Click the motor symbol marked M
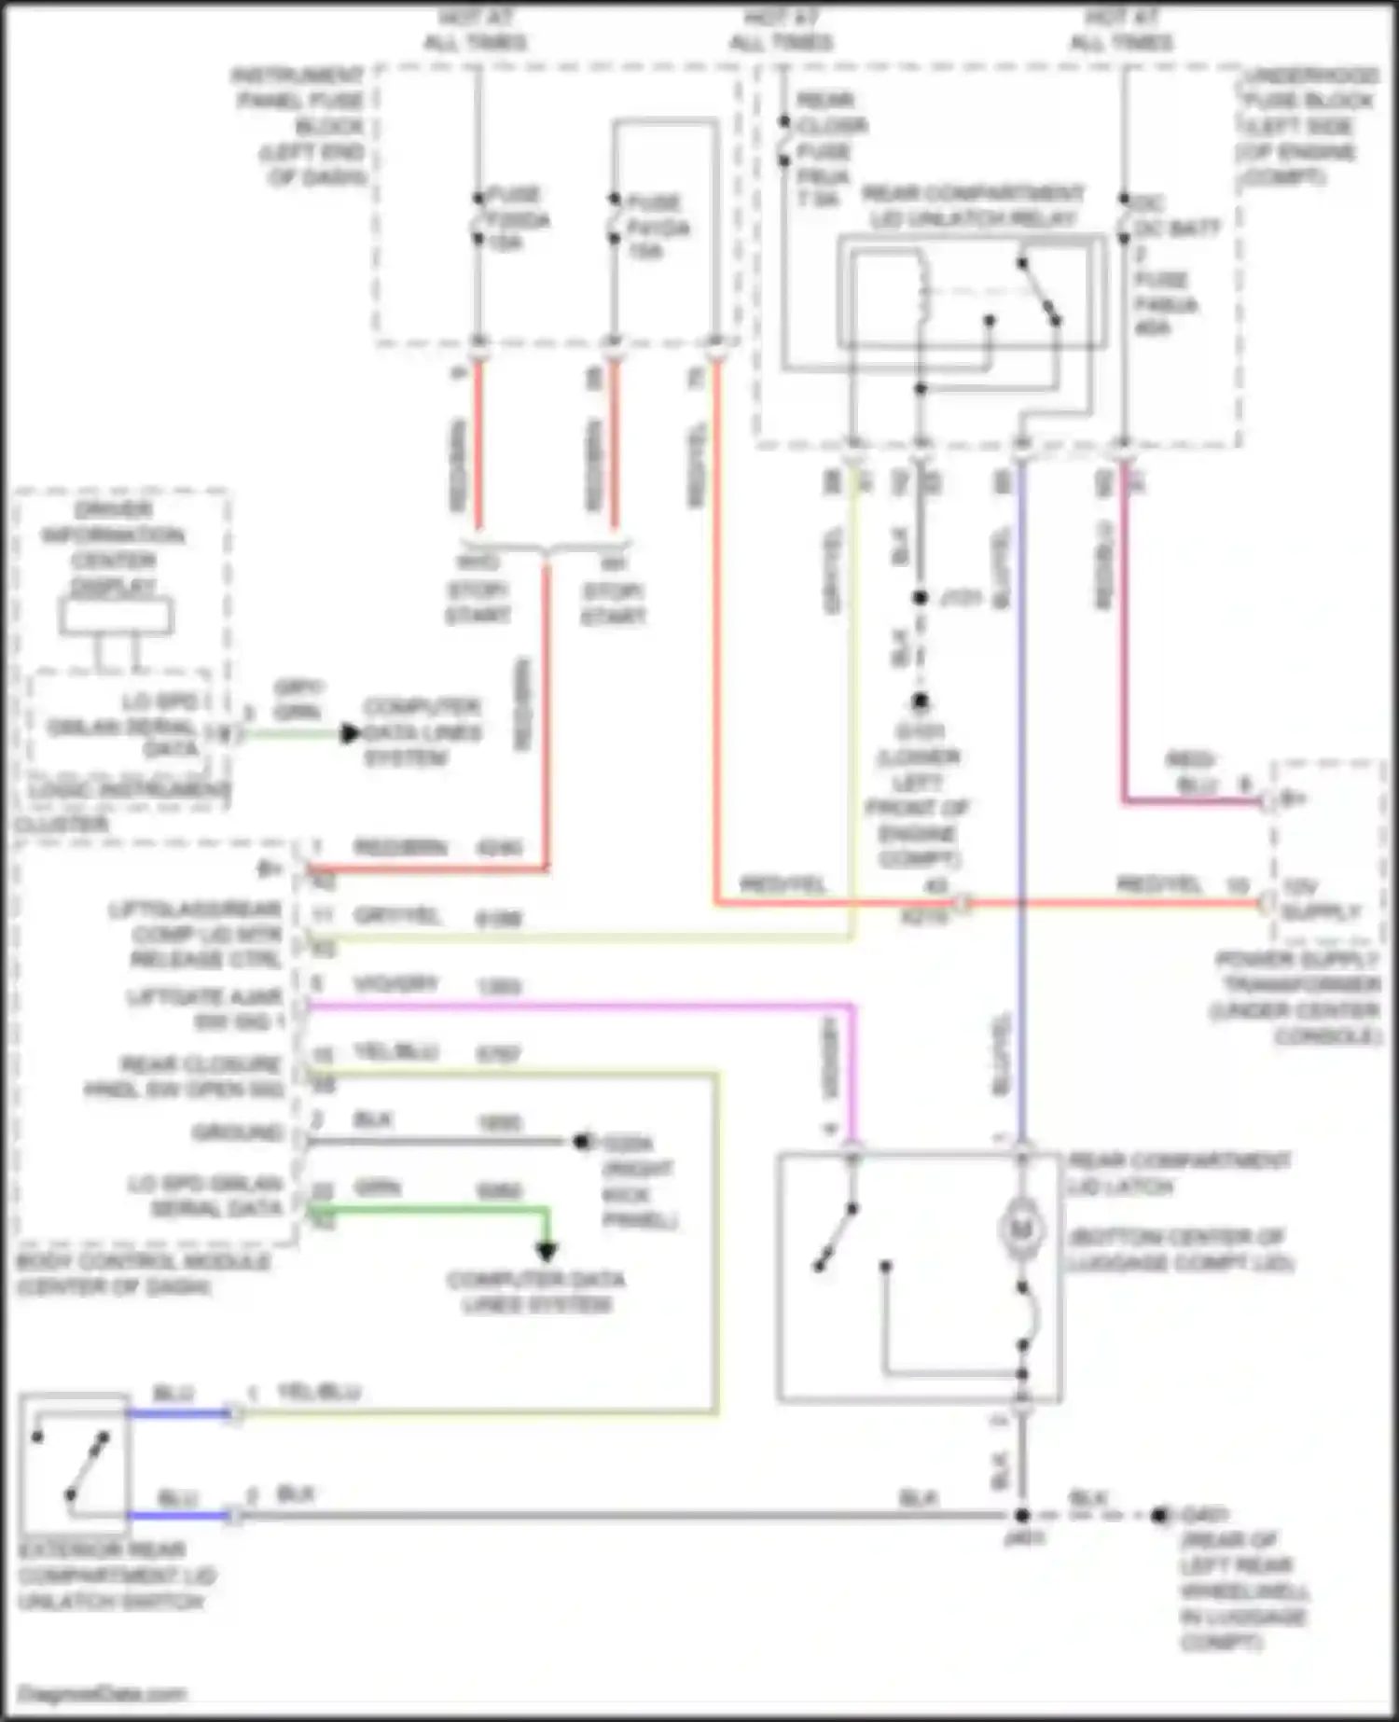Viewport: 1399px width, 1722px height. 1021,1229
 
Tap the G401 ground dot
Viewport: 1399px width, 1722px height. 1159,1516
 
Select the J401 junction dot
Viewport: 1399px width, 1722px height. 1022,1516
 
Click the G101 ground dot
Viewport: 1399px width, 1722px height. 921,701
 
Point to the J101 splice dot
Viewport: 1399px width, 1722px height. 921,597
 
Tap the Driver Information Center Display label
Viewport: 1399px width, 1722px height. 114,548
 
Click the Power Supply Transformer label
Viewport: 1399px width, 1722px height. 1296,997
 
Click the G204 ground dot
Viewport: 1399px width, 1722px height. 582,1141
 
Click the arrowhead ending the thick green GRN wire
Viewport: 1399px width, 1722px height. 547,1251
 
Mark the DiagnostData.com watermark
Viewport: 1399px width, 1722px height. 103,1693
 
